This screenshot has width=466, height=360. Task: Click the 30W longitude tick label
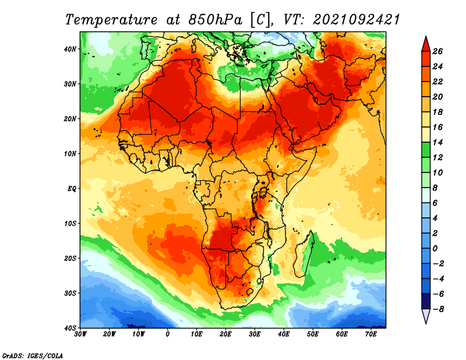(81, 335)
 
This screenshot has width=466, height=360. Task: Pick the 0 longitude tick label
(168, 335)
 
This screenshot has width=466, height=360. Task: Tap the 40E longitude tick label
(284, 335)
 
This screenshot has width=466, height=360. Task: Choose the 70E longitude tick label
(370, 335)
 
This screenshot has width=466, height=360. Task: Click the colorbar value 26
(438, 51)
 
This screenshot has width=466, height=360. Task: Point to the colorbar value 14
(438, 142)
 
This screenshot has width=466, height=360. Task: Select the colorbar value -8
(438, 309)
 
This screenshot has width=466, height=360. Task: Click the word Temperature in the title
(111, 19)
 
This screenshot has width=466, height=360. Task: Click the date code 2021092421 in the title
(356, 19)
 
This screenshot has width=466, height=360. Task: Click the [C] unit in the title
(260, 19)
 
